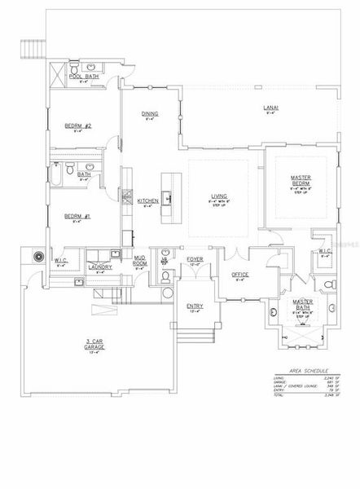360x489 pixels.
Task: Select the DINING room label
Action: [150, 113]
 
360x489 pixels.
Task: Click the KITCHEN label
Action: [147, 200]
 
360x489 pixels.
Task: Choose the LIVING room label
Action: [217, 196]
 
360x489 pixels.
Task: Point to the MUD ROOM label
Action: [139, 264]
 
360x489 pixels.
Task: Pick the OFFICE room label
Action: [239, 275]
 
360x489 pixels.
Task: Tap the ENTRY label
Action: [194, 306]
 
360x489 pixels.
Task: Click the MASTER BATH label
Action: [305, 303]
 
